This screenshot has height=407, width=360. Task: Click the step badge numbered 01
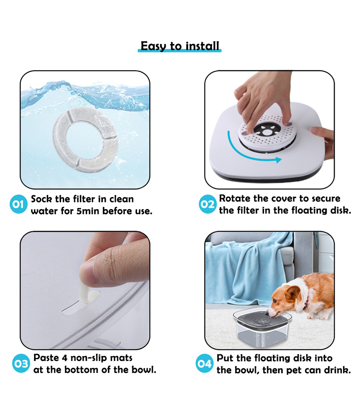pyautogui.click(x=18, y=204)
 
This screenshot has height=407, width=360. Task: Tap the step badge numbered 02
pyautogui.click(x=208, y=204)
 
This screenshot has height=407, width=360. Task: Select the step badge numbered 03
pyautogui.click(x=21, y=363)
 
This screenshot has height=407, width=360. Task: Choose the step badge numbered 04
pyautogui.click(x=205, y=363)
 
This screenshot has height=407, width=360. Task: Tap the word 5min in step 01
pyautogui.click(x=88, y=211)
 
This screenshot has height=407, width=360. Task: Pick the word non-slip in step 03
pyautogui.click(x=89, y=358)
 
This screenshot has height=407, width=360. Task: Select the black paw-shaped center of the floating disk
pyautogui.click(x=267, y=130)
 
